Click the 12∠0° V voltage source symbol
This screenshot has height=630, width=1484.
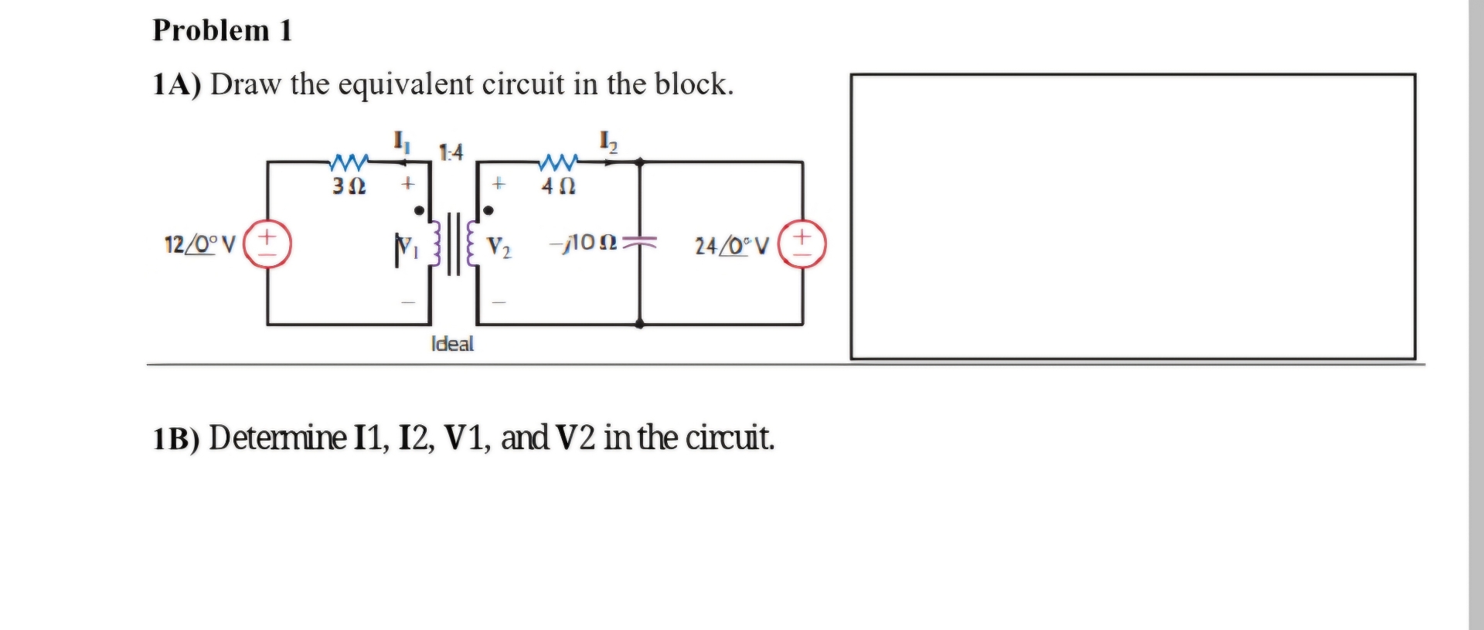(x=267, y=244)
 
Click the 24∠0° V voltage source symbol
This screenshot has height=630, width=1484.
(x=802, y=244)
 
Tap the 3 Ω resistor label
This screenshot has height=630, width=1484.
(x=349, y=186)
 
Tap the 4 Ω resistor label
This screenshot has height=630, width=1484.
(x=558, y=186)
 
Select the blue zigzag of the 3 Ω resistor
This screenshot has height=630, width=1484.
(x=349, y=162)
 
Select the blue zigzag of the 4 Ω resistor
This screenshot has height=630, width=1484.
(x=558, y=162)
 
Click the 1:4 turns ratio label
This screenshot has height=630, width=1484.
(x=451, y=152)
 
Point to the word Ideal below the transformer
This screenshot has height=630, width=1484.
(x=452, y=344)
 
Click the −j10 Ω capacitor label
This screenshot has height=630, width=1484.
(x=584, y=243)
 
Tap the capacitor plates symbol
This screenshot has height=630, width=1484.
(x=640, y=243)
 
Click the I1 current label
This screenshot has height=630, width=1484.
(x=401, y=141)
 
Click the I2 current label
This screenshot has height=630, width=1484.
(x=608, y=141)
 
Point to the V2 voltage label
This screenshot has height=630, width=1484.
(x=499, y=247)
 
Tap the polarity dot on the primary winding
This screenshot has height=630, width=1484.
(x=419, y=210)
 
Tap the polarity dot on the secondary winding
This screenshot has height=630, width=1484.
(x=488, y=210)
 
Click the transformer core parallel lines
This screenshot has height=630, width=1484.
(x=454, y=244)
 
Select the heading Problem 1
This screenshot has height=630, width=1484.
(x=222, y=30)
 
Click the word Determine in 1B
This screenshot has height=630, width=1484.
(x=277, y=438)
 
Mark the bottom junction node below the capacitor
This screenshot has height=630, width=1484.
(x=639, y=324)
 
